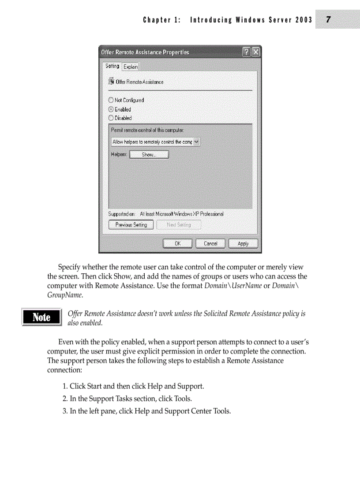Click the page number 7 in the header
[328, 20]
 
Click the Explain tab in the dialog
[131, 67]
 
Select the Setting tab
[112, 66]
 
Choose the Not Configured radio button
[111, 100]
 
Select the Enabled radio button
[111, 109]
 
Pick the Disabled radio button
[111, 118]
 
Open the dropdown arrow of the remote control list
[197, 142]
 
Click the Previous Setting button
[131, 225]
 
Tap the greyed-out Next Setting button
[179, 225]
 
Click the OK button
[177, 243]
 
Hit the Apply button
[243, 243]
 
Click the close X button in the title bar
[255, 52]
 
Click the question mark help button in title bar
[247, 52]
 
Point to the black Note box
[41, 317]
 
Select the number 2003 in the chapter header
[304, 20]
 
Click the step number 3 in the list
[64, 411]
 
